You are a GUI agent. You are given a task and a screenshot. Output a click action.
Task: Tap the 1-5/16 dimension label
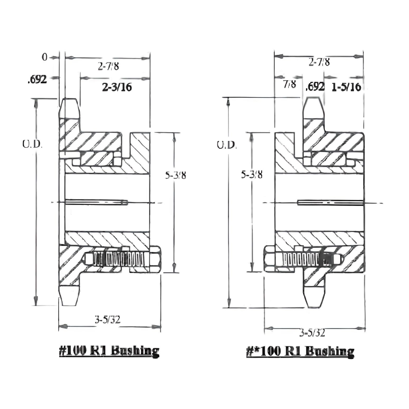[x=346, y=87]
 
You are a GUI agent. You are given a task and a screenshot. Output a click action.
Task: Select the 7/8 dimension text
[x=289, y=85]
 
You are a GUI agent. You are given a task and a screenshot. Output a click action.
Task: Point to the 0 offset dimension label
[x=45, y=57]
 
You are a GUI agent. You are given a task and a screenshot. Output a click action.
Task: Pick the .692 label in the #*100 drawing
[x=315, y=87]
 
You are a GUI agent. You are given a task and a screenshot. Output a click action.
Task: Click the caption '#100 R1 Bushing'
[x=109, y=350]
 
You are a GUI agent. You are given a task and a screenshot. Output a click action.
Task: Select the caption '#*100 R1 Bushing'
[x=300, y=351]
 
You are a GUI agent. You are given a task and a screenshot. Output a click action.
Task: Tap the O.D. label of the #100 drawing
[x=32, y=143]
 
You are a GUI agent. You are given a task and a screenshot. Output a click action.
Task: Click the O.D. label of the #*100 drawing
[x=226, y=145]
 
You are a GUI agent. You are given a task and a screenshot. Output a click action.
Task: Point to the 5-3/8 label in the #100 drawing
[x=176, y=175]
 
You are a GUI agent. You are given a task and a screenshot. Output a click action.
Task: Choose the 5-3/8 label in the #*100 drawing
[x=251, y=175]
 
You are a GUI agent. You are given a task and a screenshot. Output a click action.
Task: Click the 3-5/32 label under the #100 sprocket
[x=108, y=319]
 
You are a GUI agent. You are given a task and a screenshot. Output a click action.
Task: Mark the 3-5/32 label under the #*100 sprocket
[x=312, y=332]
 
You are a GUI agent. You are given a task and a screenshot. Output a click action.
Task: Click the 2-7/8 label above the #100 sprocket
[x=108, y=66]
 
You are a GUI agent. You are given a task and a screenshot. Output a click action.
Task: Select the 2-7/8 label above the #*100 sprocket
[x=320, y=62]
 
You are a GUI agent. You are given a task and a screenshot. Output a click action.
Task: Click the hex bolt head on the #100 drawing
[x=155, y=259]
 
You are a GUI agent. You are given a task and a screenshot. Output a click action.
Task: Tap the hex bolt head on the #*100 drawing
[x=269, y=259]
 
